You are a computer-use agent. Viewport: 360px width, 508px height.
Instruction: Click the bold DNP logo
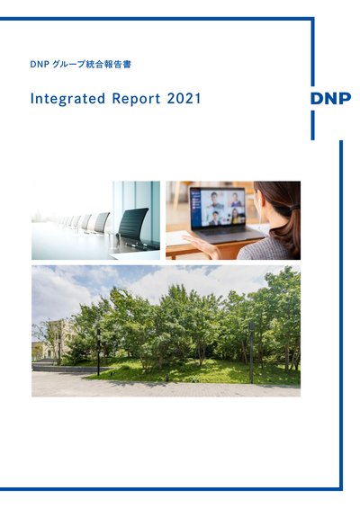pyautogui.click(x=330, y=99)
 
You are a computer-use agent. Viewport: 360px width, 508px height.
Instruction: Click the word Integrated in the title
pyautogui.click(x=67, y=99)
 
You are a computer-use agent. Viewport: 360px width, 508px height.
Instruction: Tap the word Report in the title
pyautogui.click(x=136, y=99)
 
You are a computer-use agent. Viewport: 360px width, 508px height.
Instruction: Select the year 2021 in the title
pyautogui.click(x=184, y=99)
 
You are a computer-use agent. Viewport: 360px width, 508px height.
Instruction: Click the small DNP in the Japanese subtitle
pyautogui.click(x=40, y=65)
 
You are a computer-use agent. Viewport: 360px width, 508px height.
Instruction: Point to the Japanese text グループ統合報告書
pyautogui.click(x=92, y=64)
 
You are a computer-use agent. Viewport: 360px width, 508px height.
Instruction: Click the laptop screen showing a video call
pyautogui.click(x=218, y=208)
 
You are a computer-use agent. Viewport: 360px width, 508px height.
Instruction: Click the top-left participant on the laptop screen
pyautogui.click(x=216, y=200)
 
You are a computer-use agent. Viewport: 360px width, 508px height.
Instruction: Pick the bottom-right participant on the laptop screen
pyautogui.click(x=236, y=216)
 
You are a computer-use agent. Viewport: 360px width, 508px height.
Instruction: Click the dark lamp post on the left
pyautogui.click(x=98, y=352)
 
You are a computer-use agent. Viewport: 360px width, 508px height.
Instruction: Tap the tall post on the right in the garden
pyautogui.click(x=251, y=352)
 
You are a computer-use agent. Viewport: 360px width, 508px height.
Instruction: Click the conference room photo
pyautogui.click(x=95, y=220)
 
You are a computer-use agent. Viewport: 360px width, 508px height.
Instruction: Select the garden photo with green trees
pyautogui.click(x=166, y=331)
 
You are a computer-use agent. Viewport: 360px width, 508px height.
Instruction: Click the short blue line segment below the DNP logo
pyautogui.click(x=312, y=125)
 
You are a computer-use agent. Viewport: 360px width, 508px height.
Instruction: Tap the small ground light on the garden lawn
pyautogui.click(x=166, y=378)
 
